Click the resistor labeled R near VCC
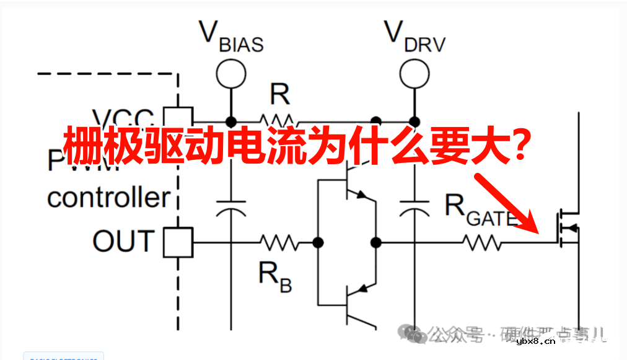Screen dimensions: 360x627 pos(278,119)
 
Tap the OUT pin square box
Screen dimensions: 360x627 pos(178,242)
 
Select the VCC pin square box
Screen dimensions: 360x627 pos(178,118)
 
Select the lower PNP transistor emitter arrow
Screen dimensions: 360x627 pos(365,287)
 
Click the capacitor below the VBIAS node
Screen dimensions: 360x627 pos(230,208)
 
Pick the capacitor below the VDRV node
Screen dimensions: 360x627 pos(413,208)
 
